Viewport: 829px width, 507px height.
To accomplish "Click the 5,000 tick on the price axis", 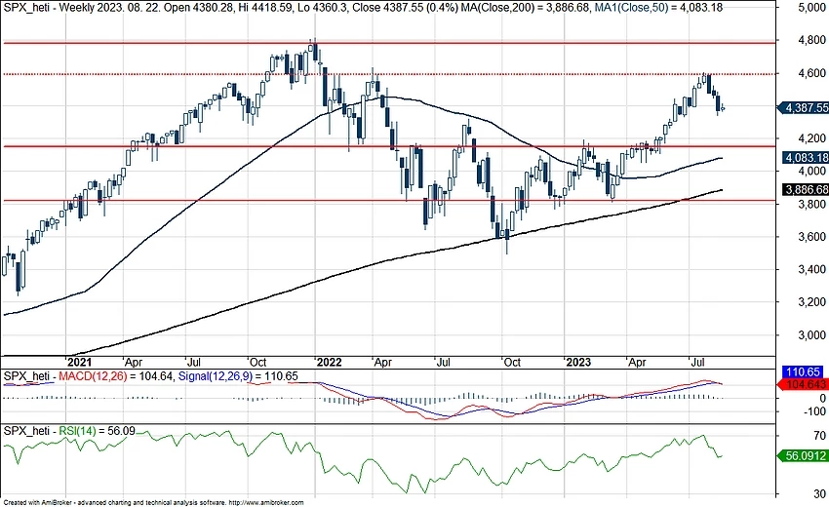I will (x=806, y=8).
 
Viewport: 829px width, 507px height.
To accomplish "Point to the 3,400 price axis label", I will (x=806, y=269).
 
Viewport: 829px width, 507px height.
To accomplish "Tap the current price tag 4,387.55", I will (x=806, y=108).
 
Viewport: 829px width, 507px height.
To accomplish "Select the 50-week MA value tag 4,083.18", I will (x=806, y=158).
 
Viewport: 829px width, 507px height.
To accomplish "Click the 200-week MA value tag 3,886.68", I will (x=806, y=189).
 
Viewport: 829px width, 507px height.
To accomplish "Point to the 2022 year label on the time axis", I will (x=329, y=360).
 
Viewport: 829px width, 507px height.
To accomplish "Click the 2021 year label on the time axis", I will (x=77, y=360).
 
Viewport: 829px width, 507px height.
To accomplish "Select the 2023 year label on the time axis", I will (x=580, y=360).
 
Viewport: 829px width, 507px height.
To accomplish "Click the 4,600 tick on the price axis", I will (x=806, y=73).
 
